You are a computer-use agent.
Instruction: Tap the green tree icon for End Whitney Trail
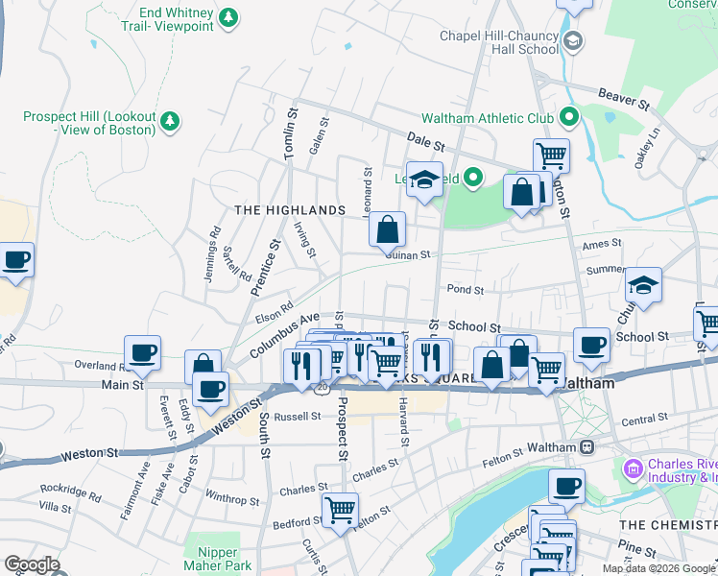[x=227, y=17]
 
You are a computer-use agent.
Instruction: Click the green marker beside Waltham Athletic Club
[x=568, y=118]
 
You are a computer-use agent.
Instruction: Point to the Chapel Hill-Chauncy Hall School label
[x=498, y=42]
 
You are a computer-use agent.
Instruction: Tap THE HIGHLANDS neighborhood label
[x=290, y=210]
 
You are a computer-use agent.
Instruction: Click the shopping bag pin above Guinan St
[x=387, y=229]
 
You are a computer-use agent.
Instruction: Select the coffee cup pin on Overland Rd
[x=142, y=352]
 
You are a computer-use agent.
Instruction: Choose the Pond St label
[x=465, y=289]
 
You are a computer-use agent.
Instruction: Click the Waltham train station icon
[x=585, y=447]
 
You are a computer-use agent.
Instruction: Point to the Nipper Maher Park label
[x=225, y=559]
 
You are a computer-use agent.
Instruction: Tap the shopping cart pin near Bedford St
[x=340, y=509]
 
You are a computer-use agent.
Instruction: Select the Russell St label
[x=297, y=417]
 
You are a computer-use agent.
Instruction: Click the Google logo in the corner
[x=32, y=564]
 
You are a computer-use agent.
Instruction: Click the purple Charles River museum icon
[x=633, y=468]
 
